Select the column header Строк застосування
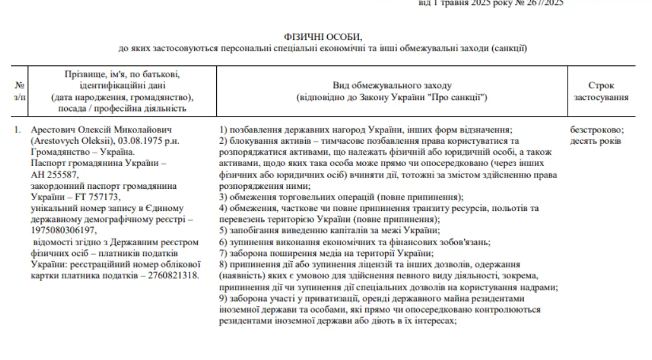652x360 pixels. pos(601,91)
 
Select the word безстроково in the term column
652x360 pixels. pos(596,129)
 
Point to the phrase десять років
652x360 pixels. pos(596,140)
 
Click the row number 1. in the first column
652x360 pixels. pos(18,129)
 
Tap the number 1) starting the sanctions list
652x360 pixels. pos(223,129)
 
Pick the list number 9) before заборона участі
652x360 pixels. pos(223,299)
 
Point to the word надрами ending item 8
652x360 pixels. pos(542,287)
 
